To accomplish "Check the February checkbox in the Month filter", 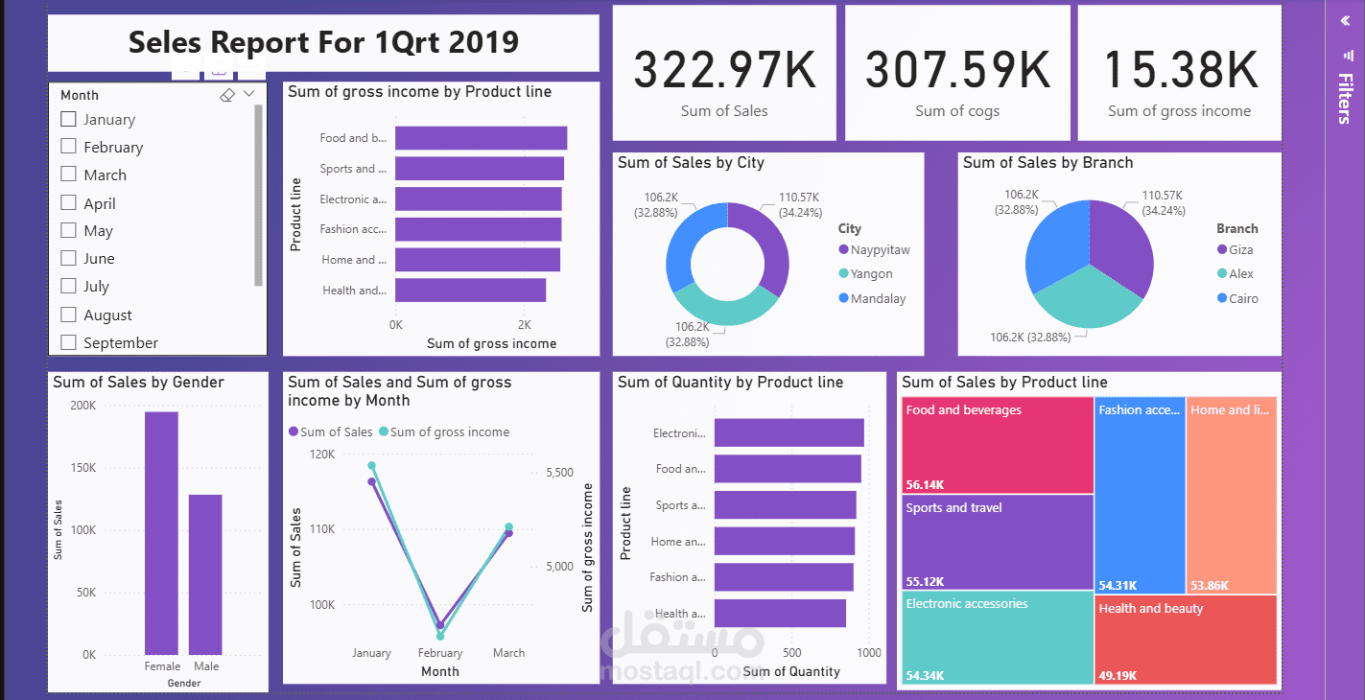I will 68,147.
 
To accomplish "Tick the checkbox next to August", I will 68,315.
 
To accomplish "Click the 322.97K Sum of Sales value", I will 724,70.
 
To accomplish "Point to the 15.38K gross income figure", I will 1179,70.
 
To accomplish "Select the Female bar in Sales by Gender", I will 161,533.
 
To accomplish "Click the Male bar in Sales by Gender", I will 205,574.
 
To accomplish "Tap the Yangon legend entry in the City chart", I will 871,274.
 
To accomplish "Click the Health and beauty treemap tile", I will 1186,639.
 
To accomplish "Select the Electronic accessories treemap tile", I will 997,638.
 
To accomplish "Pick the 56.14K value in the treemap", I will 925,485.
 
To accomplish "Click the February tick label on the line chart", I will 440,653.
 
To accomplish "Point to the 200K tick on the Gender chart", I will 83,406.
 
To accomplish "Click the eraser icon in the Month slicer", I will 227,95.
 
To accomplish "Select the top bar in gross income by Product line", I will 481,138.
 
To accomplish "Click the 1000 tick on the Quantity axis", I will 869,653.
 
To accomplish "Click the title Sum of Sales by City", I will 691,163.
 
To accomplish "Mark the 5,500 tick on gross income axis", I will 559,473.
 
